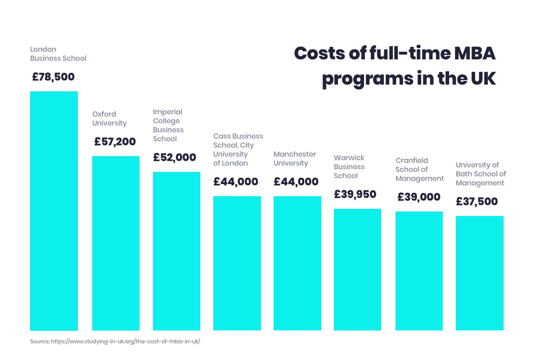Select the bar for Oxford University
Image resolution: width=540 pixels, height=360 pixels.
pyautogui.click(x=116, y=243)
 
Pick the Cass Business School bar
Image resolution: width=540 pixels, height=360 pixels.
pyautogui.click(x=237, y=263)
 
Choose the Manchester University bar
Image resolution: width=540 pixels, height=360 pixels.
pyautogui.click(x=297, y=263)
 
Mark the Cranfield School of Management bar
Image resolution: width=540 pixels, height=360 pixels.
pyautogui.click(x=419, y=271)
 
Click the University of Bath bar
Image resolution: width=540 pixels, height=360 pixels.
pyautogui.click(x=480, y=273)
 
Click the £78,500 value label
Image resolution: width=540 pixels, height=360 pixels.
pyautogui.click(x=53, y=77)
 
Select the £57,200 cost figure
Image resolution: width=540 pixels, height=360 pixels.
pyautogui.click(x=115, y=142)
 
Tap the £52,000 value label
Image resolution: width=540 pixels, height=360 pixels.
pyautogui.click(x=175, y=157)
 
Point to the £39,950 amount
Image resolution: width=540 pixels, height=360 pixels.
pyautogui.click(x=355, y=194)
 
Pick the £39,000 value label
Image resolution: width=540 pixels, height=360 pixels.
pyautogui.click(x=419, y=197)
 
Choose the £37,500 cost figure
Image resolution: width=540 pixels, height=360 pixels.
pyautogui.click(x=477, y=201)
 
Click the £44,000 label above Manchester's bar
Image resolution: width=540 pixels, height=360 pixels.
pyautogui.click(x=296, y=182)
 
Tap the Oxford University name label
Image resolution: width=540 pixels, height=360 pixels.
pyautogui.click(x=109, y=118)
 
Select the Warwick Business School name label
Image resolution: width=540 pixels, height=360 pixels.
pyautogui.click(x=349, y=166)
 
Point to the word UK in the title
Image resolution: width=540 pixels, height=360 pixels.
pyautogui.click(x=482, y=78)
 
